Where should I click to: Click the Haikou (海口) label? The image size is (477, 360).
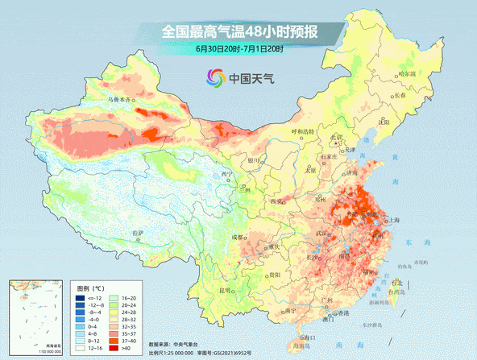click(x=305, y=337)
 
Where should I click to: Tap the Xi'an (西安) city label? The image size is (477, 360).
click(x=279, y=201)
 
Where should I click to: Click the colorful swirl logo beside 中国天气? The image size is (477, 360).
click(x=215, y=78)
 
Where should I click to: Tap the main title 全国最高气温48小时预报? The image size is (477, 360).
click(x=239, y=32)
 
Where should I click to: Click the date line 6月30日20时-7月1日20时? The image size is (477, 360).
click(x=238, y=50)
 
